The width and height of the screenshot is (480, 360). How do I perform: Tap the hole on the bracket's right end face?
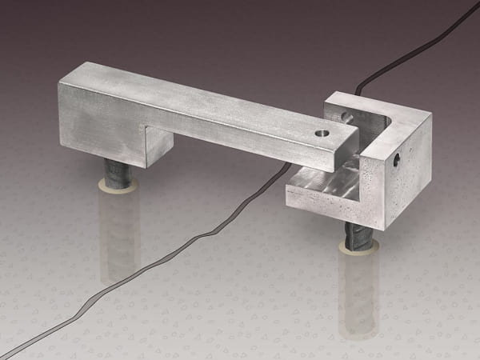click(397, 159)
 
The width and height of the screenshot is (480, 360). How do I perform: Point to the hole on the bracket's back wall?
click(346, 118)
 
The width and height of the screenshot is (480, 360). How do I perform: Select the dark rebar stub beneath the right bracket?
click(358, 236)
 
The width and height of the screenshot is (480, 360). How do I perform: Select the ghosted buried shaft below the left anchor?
click(118, 232)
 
